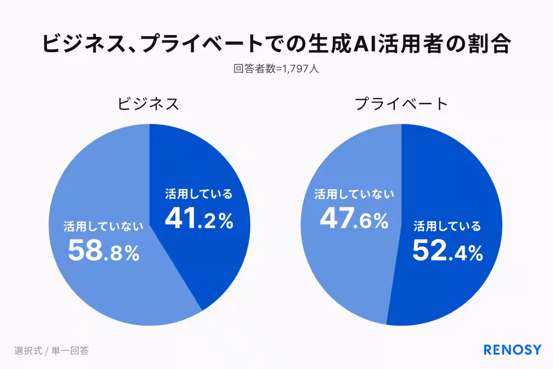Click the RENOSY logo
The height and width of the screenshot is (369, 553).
[x=512, y=350]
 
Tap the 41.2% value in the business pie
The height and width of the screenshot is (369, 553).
[x=199, y=220]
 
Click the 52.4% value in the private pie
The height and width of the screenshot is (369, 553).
[x=447, y=251]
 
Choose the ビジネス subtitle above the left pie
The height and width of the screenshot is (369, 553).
[x=148, y=104]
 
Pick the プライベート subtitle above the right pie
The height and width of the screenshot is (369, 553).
[x=401, y=104]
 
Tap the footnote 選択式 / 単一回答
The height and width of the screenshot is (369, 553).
[x=51, y=351]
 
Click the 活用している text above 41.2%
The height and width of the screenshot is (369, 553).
[x=199, y=194]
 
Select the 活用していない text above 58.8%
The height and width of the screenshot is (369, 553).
[x=104, y=226]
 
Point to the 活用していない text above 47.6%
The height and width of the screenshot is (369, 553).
[x=354, y=194]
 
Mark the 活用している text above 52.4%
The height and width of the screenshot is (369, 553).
[x=447, y=226]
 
